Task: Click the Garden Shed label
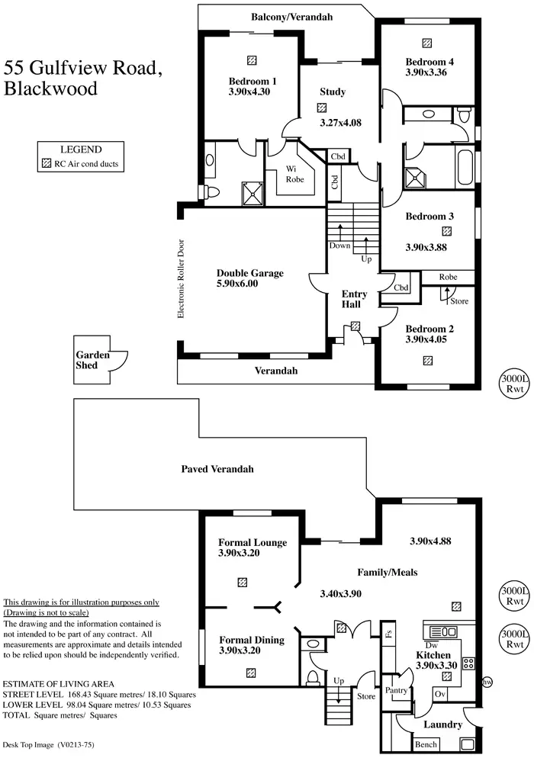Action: (92, 360)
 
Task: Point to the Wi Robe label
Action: (294, 174)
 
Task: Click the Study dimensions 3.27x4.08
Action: (340, 122)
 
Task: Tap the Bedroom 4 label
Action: (429, 62)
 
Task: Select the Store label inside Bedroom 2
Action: (459, 301)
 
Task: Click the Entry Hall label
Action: (355, 299)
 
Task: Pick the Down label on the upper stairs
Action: (339, 246)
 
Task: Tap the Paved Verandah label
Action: (217, 469)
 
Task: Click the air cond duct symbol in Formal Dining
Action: (251, 673)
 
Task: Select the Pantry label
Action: (396, 691)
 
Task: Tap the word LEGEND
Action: (81, 149)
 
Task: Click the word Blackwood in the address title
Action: (51, 89)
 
